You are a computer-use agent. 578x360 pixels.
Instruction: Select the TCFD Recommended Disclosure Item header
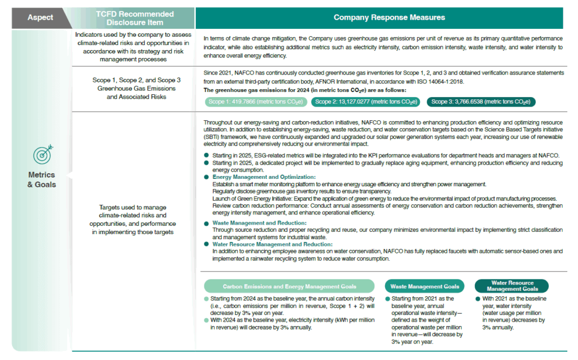coord(134,17)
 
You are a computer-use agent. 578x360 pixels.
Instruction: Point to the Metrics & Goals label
coord(41,179)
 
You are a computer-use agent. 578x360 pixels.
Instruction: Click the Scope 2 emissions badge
coord(366,102)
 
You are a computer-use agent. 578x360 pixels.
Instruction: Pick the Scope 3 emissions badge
coord(481,102)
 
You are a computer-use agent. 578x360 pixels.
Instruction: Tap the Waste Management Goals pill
coord(426,286)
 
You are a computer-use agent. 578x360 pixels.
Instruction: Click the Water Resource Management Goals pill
coord(512,286)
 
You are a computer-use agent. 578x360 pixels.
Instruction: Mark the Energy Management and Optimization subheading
coord(264,177)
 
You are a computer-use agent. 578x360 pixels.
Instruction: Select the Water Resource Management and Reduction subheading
coord(272,244)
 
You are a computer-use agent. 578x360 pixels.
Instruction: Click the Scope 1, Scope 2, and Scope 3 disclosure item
coord(134,89)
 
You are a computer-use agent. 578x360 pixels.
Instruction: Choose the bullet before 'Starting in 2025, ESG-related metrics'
coord(207,155)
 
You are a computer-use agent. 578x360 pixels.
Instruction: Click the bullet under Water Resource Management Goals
coord(478,298)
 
